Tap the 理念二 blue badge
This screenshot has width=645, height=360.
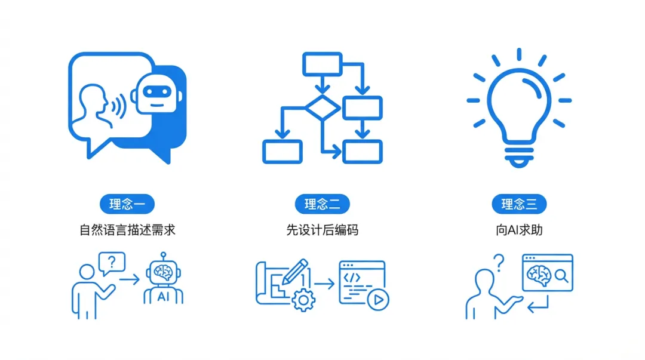[x=322, y=204]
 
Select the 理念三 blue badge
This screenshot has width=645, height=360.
[x=519, y=204]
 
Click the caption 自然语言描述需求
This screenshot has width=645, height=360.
[x=128, y=230]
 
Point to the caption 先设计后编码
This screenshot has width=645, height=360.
[x=322, y=230]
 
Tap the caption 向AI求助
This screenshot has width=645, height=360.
[x=519, y=230]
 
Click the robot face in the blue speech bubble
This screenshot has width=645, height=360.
[x=156, y=96]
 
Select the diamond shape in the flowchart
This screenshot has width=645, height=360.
[x=322, y=107]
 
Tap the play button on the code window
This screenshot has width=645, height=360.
[x=376, y=300]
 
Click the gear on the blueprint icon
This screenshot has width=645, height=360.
[x=303, y=299]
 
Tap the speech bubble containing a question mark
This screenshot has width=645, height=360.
[x=112, y=263]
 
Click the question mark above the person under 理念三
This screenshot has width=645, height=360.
[x=499, y=261]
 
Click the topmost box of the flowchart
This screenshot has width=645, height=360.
[x=322, y=64]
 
